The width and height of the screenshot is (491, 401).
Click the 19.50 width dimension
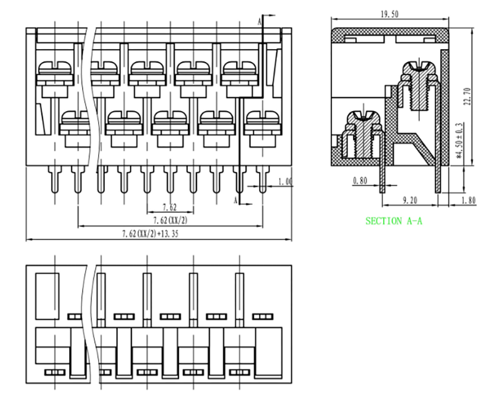pos(390,14)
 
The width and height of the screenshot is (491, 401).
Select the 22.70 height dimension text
pos(468,96)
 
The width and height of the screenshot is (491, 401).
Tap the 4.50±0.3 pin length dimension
pos(460,140)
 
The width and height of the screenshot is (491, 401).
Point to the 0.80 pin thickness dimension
pos(360,181)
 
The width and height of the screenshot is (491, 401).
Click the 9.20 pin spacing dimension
pos(409,200)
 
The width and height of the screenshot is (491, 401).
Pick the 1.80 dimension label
pos(468,200)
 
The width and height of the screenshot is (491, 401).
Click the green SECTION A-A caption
pos(393,221)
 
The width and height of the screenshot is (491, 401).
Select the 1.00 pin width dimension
pos(285,182)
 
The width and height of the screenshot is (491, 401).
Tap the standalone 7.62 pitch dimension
pos(169,207)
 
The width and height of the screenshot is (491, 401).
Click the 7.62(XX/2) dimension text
pos(170,220)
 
